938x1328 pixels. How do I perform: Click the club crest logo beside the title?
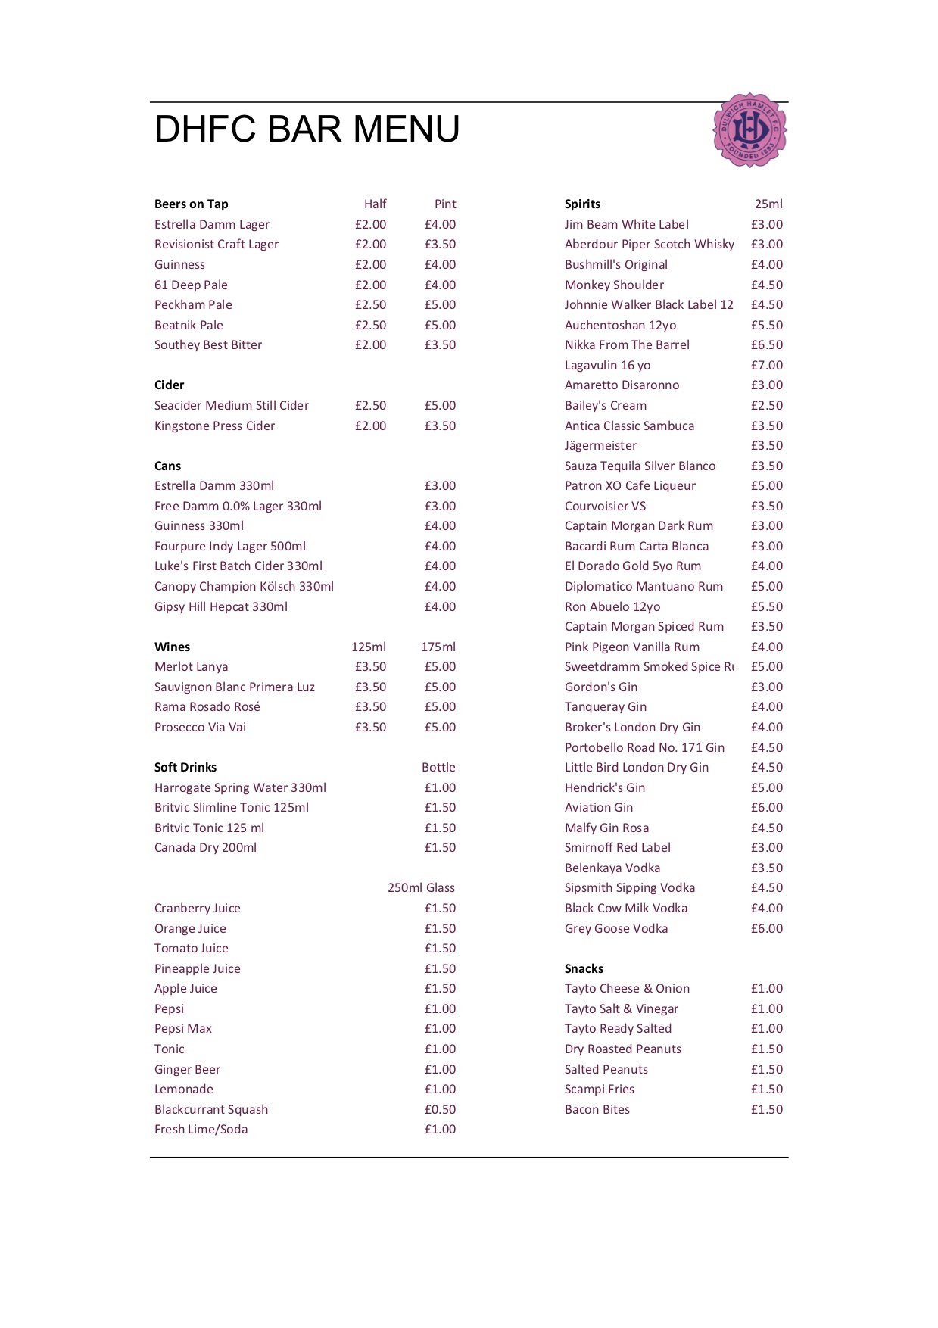pos(749,130)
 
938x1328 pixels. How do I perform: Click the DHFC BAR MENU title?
pos(307,129)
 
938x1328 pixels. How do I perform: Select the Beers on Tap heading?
pos(192,204)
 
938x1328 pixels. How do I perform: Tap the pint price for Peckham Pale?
pos(440,305)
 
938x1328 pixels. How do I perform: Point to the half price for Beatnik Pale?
pos(370,325)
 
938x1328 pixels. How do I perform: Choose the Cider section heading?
pos(170,385)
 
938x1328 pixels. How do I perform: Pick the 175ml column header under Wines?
pos(438,647)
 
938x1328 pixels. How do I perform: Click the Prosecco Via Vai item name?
pos(200,728)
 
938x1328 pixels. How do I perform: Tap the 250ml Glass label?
pos(421,888)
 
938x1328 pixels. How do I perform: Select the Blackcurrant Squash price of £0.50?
pos(440,1110)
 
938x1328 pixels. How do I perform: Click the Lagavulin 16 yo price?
pos(766,366)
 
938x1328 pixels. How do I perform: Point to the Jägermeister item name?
pos(600,446)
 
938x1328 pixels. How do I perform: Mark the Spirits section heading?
pos(582,204)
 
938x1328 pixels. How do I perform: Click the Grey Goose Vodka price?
pos(766,929)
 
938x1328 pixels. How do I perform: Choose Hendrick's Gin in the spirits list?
pos(605,788)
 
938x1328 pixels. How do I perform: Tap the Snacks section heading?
pos(584,969)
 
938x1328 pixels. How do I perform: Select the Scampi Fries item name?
pos(600,1090)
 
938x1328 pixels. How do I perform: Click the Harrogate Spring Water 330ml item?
pos(240,788)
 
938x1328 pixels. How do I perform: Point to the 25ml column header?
pos(768,204)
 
